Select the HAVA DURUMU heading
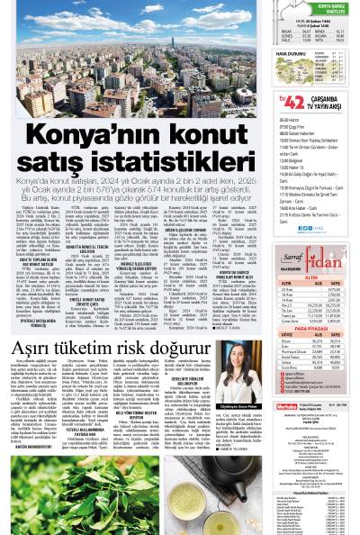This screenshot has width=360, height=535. click(x=266, y=53)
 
